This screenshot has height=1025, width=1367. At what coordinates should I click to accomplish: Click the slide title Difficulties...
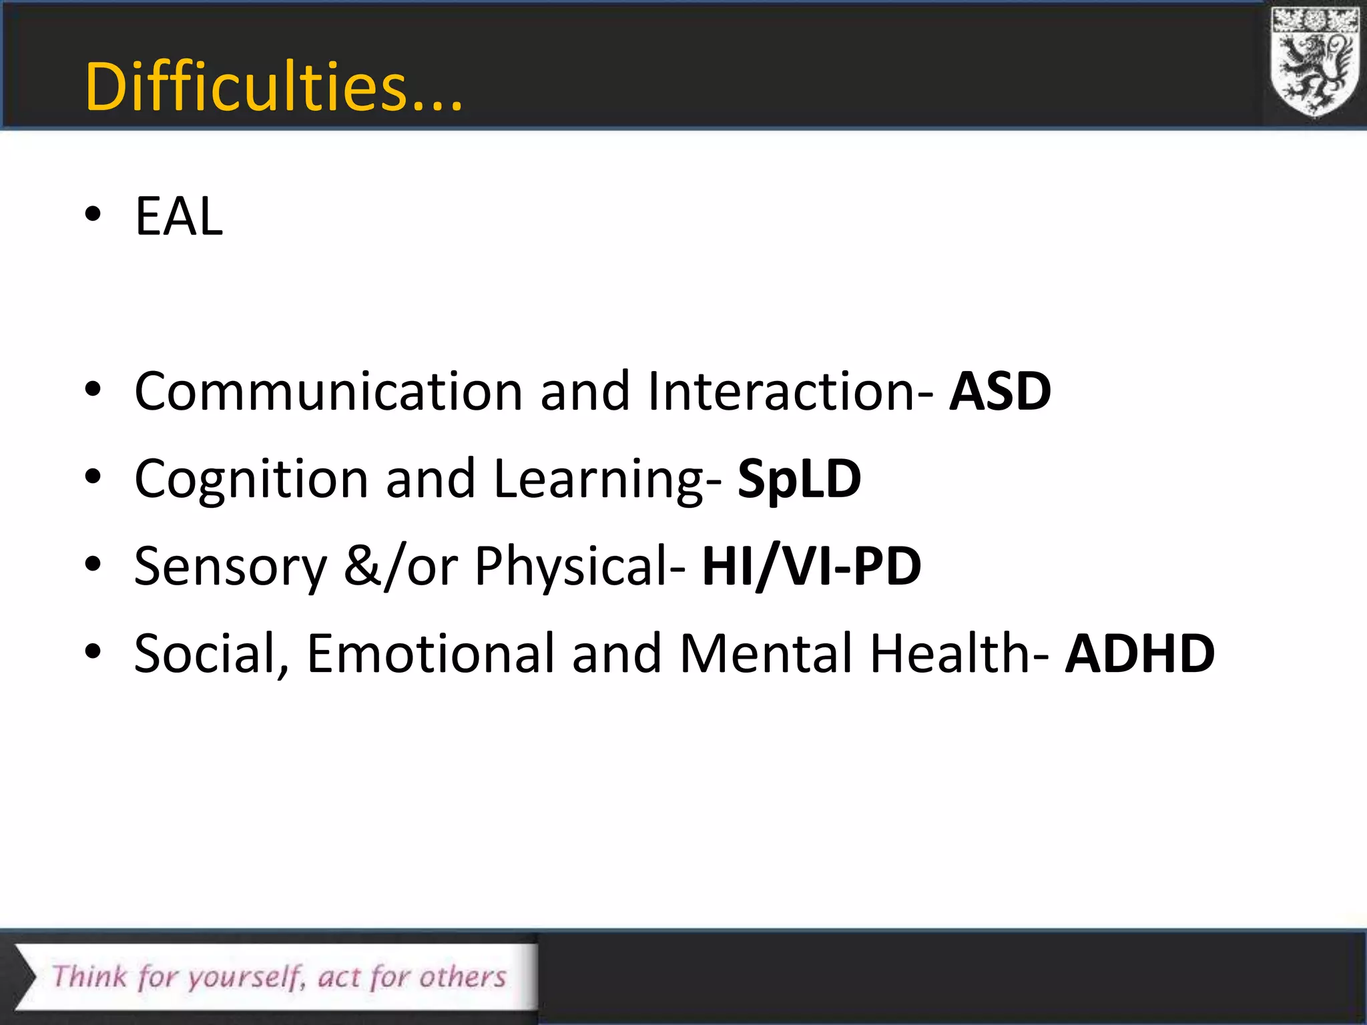(274, 87)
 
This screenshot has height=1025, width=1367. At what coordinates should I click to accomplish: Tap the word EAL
(179, 216)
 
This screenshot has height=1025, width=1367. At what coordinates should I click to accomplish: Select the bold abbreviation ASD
(1000, 391)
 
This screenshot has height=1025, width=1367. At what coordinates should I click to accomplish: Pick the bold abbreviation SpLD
(799, 478)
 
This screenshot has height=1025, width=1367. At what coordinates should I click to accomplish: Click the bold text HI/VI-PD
(811, 566)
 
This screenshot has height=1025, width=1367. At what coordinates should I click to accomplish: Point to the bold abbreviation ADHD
(1139, 653)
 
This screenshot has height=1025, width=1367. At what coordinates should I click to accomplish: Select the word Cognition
(251, 480)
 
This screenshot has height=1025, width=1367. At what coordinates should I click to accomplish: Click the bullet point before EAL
(93, 215)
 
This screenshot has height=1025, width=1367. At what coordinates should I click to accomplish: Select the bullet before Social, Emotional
(93, 651)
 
